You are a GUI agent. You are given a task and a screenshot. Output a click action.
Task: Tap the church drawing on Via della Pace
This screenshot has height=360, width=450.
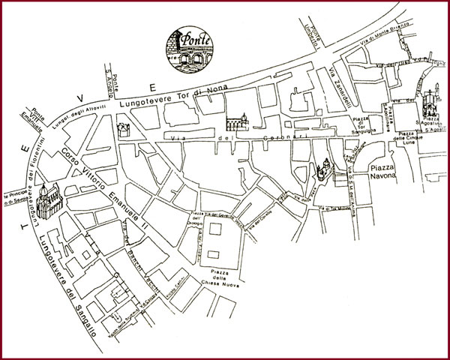[323, 173]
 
